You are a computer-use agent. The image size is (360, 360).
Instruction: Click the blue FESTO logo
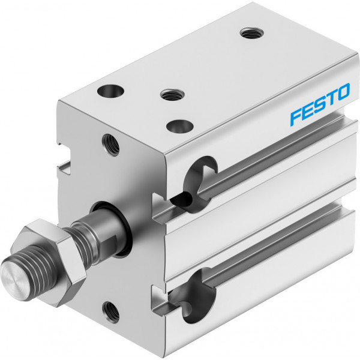pos(320,104)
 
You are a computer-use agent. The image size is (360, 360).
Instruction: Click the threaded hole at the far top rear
pos(251,33)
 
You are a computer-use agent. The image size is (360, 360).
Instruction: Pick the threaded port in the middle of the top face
pos(172,94)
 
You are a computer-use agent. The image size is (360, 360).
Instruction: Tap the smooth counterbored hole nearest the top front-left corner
pos(110,91)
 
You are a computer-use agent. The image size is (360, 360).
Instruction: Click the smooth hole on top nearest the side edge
pos(180,127)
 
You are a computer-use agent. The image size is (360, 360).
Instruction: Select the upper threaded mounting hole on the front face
pos(110,145)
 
